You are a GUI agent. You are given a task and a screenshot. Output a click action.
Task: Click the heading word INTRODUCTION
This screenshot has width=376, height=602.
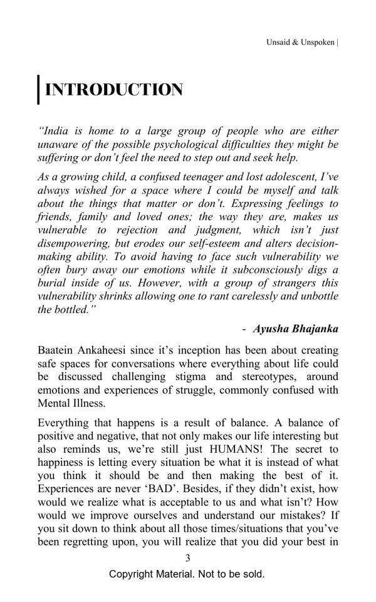[114, 90]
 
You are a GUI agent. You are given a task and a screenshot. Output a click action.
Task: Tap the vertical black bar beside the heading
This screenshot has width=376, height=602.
[39, 90]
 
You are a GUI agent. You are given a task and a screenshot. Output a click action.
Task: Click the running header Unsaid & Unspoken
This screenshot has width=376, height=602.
[300, 43]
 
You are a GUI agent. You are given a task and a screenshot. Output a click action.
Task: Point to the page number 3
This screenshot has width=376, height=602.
[187, 558]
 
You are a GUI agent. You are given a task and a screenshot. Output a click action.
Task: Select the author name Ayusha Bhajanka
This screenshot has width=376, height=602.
[296, 329]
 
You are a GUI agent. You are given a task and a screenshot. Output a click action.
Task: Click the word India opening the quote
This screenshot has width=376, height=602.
[55, 131]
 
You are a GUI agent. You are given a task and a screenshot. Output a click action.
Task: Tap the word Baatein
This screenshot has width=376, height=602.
[58, 350]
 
